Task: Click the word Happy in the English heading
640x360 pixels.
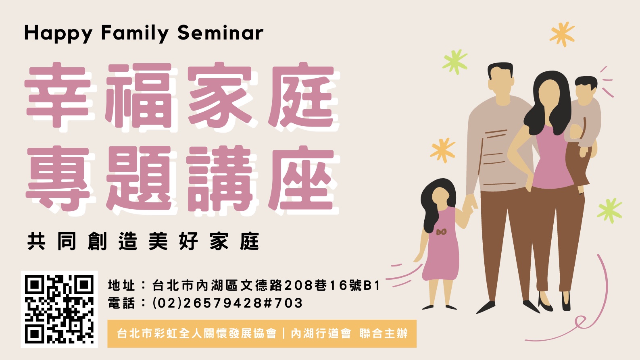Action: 58,33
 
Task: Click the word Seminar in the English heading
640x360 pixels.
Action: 220,33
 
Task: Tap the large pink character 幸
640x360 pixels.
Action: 58,95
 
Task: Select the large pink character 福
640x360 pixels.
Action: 139,96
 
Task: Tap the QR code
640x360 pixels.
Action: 59,309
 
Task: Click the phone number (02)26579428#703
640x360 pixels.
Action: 227,303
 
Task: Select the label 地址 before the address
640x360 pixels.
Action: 121,285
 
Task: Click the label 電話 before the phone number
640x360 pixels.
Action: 121,303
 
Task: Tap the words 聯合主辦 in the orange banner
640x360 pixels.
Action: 384,333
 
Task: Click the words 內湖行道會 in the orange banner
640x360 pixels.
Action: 321,333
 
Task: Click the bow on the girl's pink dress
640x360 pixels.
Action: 442,232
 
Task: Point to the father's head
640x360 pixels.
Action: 500,80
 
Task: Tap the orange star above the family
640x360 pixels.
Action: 562,34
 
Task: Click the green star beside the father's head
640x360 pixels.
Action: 455,62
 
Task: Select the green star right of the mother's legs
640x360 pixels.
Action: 609,210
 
